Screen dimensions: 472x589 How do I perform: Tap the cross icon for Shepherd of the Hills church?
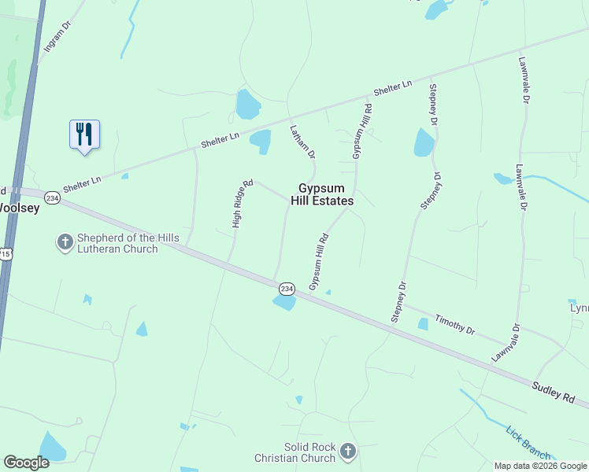[65, 243]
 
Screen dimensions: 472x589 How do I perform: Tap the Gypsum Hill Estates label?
[325, 194]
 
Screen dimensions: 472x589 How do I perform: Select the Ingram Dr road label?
[57, 36]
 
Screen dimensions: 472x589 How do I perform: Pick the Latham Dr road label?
[302, 142]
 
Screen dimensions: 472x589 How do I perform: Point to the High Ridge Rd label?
[242, 204]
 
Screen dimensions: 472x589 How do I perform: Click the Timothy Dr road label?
[455, 325]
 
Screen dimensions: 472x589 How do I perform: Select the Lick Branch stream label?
[528, 442]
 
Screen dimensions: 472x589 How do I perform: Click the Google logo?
[26, 463]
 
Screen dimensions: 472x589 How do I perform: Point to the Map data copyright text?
[540, 466]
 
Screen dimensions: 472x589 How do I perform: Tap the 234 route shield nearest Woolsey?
[52, 197]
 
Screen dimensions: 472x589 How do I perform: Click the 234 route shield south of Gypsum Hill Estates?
[286, 289]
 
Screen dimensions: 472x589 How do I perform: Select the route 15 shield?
[5, 253]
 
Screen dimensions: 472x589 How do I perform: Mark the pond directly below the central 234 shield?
[284, 303]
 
